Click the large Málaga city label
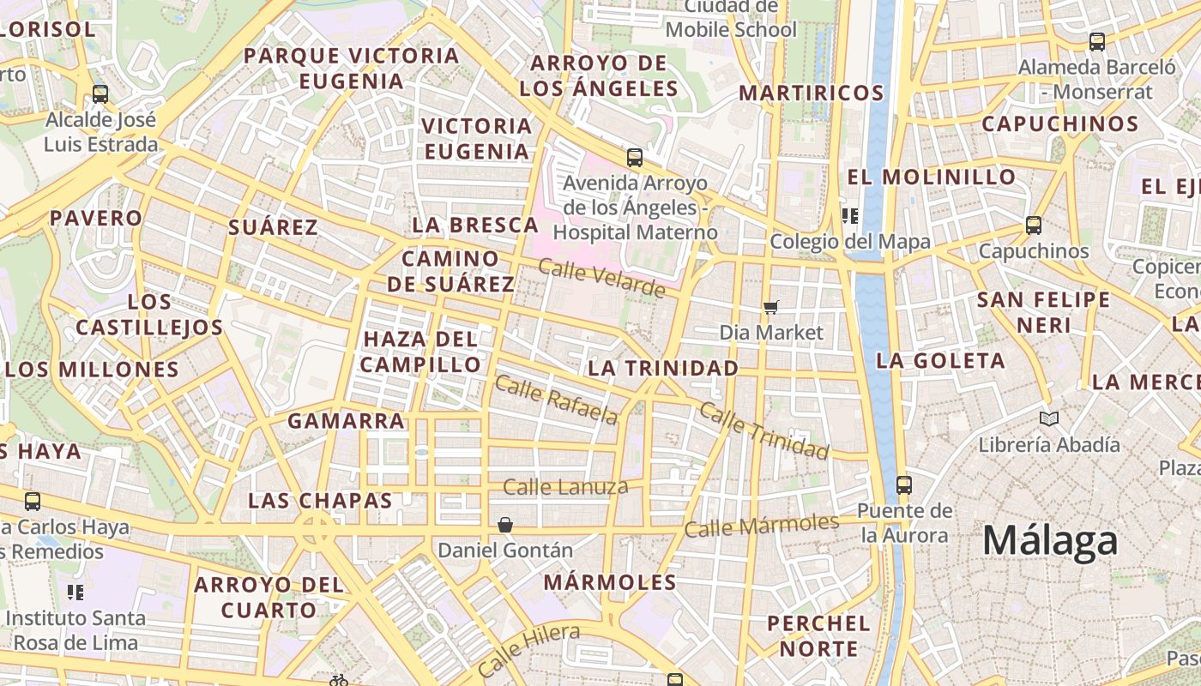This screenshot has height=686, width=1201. pos(1050,541)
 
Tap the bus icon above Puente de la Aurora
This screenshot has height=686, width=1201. pos(904,484)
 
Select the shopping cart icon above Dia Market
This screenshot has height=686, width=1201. pos(771,306)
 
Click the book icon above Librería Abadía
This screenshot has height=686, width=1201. pos(1048,418)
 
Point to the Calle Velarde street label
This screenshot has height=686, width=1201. pos(601,278)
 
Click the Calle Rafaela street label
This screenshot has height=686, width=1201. pos(556,400)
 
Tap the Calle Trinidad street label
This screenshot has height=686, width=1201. pos(763,430)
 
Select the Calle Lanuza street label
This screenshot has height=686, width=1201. pos(565,487)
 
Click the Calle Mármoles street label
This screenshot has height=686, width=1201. pos(761,526)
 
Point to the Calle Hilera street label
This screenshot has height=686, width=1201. pos(528,649)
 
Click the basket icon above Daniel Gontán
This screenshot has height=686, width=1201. pos(505,524)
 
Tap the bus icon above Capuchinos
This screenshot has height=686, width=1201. pos(1034,226)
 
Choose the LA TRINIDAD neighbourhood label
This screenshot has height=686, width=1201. pos(662,368)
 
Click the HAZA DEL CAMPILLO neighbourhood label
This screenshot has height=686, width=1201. pos(420,352)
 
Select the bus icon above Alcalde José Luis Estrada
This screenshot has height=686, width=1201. pos(100,93)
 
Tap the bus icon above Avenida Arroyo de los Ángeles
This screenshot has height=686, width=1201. pos(635,158)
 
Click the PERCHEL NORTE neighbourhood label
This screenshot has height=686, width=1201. pos(818,635)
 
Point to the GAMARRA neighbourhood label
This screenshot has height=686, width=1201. pos(346,421)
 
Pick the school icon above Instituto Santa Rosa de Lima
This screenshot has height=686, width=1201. pos(76,592)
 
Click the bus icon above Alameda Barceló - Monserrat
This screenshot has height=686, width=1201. pos(1096,41)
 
